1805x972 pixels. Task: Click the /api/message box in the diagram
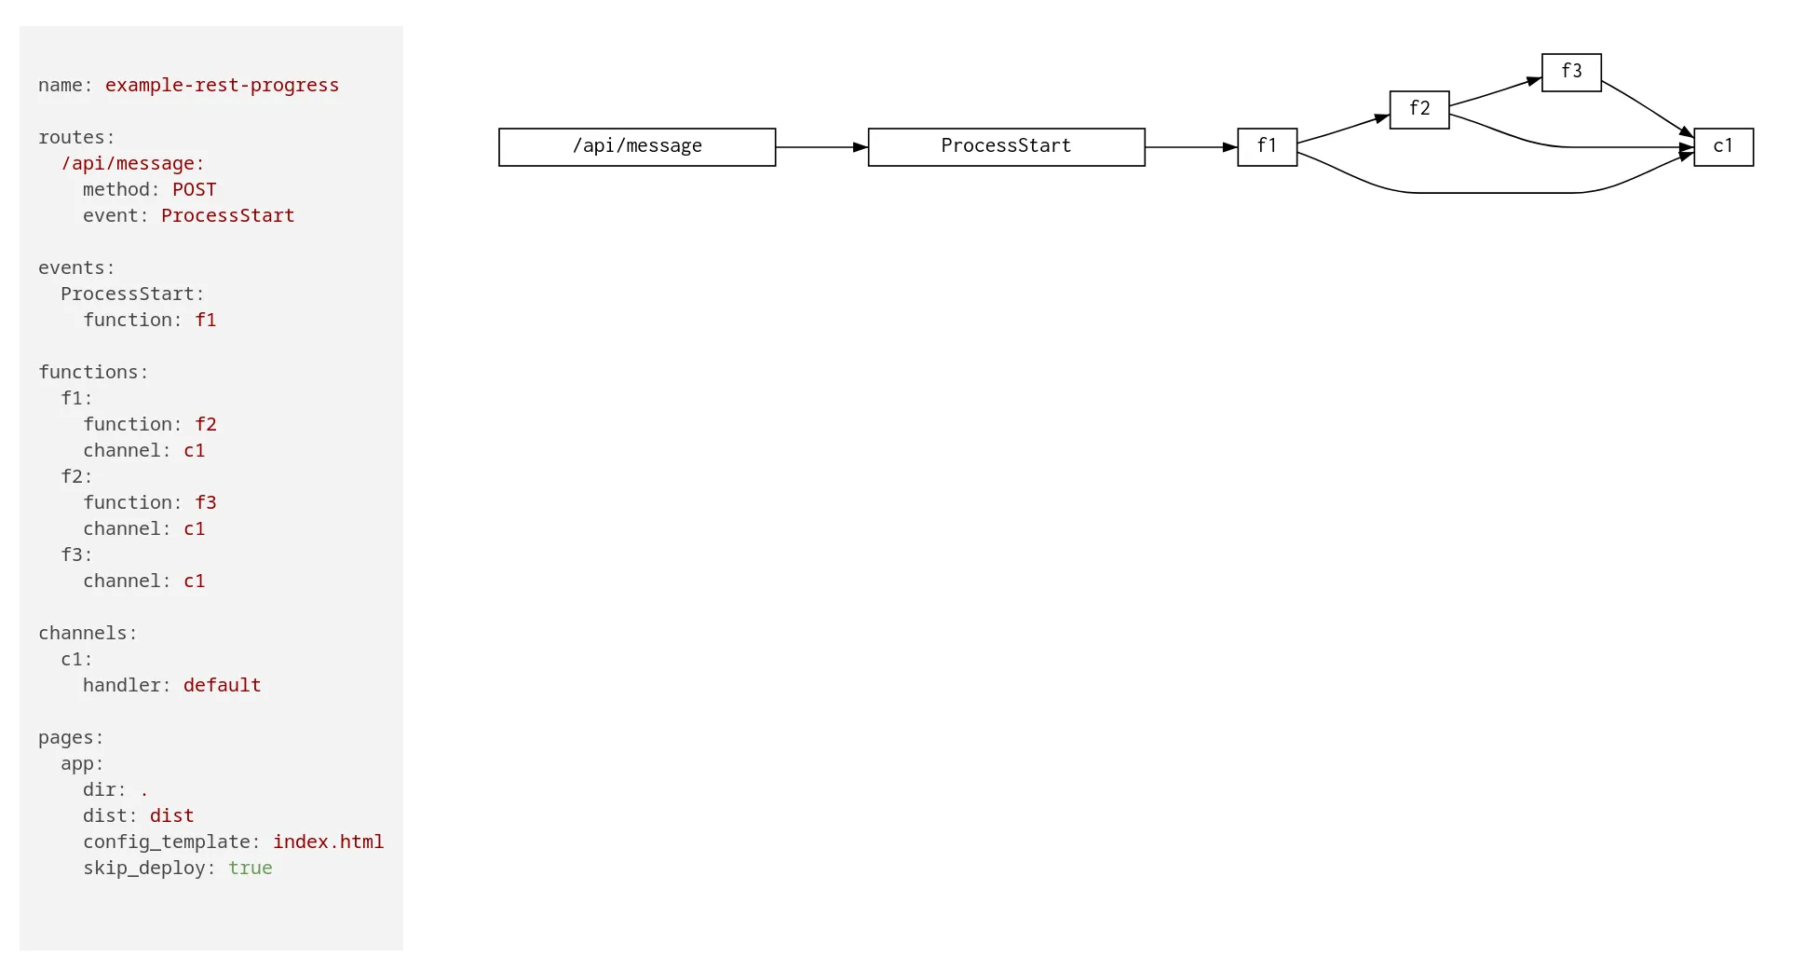pyautogui.click(x=637, y=147)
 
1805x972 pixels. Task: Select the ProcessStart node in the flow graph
pyautogui.click(x=1006, y=147)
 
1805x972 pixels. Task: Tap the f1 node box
pyautogui.click(x=1267, y=147)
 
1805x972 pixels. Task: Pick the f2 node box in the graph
pyautogui.click(x=1419, y=110)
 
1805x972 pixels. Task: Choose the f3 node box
pyautogui.click(x=1571, y=73)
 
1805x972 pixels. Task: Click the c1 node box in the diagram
pyautogui.click(x=1723, y=147)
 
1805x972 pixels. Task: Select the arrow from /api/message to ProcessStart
pyautogui.click(x=821, y=147)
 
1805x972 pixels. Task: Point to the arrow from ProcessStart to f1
pyautogui.click(x=1191, y=147)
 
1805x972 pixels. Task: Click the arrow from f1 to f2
pyautogui.click(x=1343, y=129)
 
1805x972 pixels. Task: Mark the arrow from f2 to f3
pyautogui.click(x=1496, y=91)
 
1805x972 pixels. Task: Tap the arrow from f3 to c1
pyautogui.click(x=1648, y=108)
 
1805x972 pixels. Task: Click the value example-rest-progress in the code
pyautogui.click(x=222, y=85)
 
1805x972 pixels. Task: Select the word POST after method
pyautogui.click(x=194, y=189)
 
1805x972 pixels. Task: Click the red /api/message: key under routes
pyautogui.click(x=133, y=163)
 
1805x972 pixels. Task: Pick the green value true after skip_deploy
pyautogui.click(x=250, y=868)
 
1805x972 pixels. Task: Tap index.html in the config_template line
pyautogui.click(x=328, y=842)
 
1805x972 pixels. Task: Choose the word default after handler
pyautogui.click(x=222, y=685)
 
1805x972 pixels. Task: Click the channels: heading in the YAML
pyautogui.click(x=88, y=633)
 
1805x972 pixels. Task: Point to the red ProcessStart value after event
pyautogui.click(x=227, y=215)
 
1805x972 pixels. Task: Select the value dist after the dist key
pyautogui.click(x=171, y=815)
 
